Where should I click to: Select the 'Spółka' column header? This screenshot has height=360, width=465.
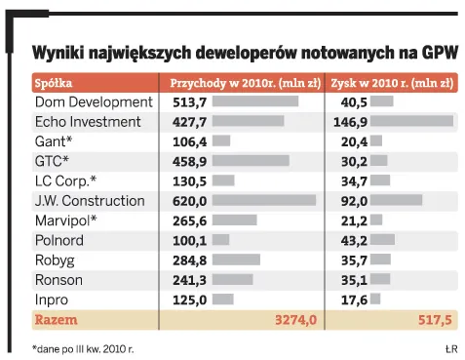point(54,83)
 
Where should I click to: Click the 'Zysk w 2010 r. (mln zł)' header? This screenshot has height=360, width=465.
point(392,83)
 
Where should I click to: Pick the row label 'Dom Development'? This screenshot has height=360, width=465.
point(94,101)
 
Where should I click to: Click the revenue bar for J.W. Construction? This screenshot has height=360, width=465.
point(263,201)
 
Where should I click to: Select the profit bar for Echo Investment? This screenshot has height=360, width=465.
point(411,122)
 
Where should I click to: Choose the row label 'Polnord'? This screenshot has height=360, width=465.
point(61,240)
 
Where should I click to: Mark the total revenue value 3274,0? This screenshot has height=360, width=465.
point(294,319)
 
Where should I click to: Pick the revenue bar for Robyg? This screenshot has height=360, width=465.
point(236,260)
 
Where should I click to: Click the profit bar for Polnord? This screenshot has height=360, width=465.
point(382,240)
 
